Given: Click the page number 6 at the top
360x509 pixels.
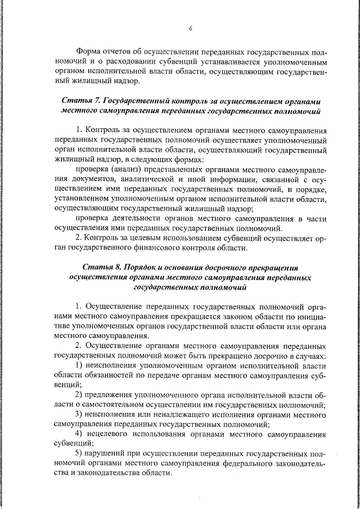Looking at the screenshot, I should tap(190, 28).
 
